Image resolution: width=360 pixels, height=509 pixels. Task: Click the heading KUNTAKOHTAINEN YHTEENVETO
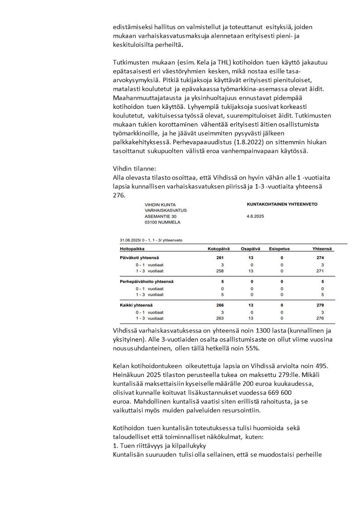pyautogui.click(x=282, y=204)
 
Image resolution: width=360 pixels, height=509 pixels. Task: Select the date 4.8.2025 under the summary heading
pyautogui.click(x=255, y=216)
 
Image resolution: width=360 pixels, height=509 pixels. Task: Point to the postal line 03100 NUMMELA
pyautogui.click(x=162, y=222)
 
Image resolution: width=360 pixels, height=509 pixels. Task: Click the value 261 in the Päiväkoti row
pyautogui.click(x=221, y=258)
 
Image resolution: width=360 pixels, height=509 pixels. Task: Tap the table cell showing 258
pyautogui.click(x=221, y=270)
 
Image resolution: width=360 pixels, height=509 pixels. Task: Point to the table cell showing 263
pyautogui.click(x=221, y=318)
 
